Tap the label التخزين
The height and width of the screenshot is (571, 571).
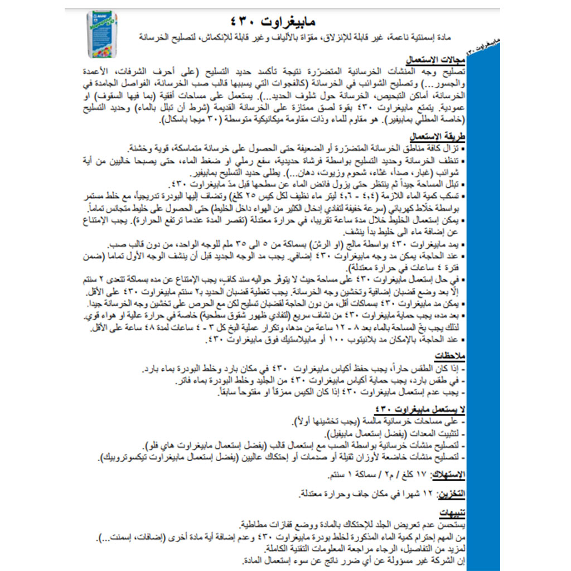point(450,493)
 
